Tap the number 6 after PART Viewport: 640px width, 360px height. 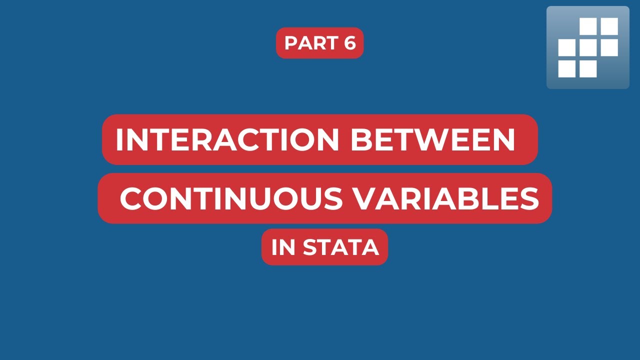(x=349, y=43)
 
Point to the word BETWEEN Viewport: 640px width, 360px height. (x=432, y=140)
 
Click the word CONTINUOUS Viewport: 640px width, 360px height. (x=231, y=198)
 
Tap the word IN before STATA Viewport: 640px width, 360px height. (x=283, y=247)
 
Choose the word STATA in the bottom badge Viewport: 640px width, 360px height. (x=341, y=247)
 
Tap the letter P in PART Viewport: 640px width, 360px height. (x=291, y=43)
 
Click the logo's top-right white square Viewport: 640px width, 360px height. (x=609, y=26)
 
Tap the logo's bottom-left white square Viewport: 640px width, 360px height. (x=567, y=68)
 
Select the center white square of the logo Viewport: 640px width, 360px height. (x=588, y=47)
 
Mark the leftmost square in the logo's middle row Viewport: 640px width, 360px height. (x=567, y=47)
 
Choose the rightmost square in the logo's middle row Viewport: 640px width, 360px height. (x=609, y=47)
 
